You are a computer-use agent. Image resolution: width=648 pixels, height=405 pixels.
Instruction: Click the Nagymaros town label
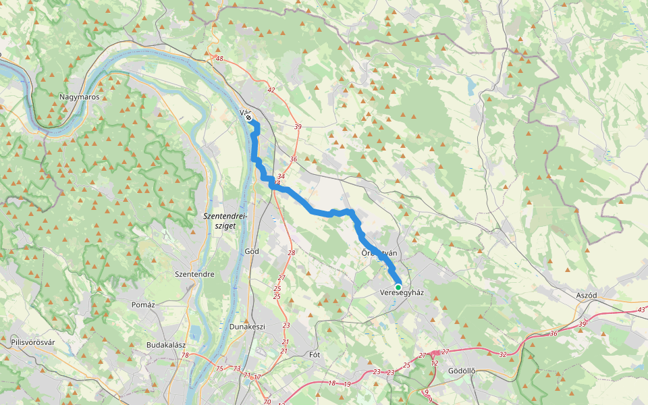click(80, 97)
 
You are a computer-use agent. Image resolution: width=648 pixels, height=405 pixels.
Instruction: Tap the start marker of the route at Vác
click(249, 118)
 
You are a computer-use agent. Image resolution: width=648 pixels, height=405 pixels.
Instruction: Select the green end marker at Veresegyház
click(398, 288)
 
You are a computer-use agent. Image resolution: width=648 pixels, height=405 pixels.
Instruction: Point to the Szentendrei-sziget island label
click(225, 221)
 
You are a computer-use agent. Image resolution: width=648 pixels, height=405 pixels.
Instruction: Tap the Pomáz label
click(143, 304)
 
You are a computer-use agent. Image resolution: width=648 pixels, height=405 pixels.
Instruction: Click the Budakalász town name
click(166, 345)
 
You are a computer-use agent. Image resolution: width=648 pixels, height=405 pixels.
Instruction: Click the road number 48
click(219, 59)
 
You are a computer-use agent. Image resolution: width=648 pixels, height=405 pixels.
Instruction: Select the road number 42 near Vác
click(271, 90)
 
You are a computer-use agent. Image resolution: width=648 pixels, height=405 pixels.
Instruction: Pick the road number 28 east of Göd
click(292, 252)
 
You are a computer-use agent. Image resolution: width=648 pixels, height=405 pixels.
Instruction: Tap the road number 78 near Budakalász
click(184, 356)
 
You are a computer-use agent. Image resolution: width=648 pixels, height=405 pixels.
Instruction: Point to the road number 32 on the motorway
click(503, 354)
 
